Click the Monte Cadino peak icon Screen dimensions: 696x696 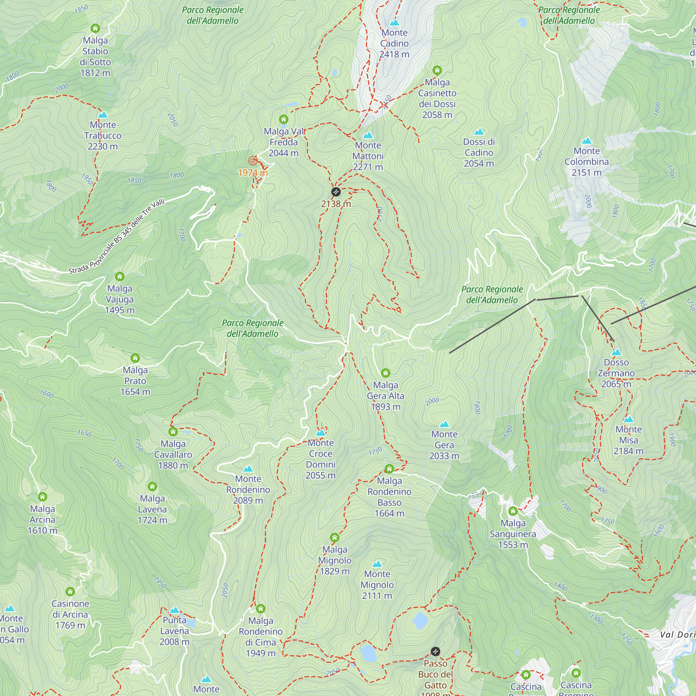click(395, 23)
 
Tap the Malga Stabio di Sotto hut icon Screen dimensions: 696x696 click(95, 28)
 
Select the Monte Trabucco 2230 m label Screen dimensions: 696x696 click(103, 135)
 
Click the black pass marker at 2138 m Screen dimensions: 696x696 click(336, 192)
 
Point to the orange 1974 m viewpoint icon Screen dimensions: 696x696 click(253, 161)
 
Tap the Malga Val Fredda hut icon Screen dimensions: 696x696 click(284, 119)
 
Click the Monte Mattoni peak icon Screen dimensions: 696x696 click(368, 135)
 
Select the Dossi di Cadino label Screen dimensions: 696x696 click(479, 152)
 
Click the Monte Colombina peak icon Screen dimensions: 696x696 click(587, 141)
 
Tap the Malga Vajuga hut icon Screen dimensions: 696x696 click(120, 276)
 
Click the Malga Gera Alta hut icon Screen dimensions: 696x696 click(386, 373)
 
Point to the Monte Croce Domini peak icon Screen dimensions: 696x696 click(321, 433)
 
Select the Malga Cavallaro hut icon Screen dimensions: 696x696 click(173, 432)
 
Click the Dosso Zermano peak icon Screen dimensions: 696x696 click(616, 352)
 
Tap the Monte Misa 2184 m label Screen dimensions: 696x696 click(628, 440)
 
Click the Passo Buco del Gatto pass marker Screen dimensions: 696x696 click(435, 651)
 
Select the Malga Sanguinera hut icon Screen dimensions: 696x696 click(513, 511)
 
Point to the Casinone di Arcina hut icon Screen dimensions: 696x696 click(70, 592)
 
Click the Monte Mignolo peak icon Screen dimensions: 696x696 click(377, 564)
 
